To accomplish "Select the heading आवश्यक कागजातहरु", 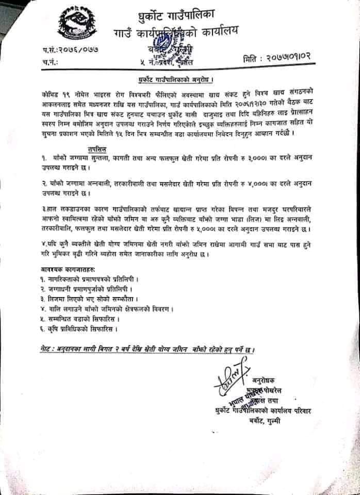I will click(x=66, y=269).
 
